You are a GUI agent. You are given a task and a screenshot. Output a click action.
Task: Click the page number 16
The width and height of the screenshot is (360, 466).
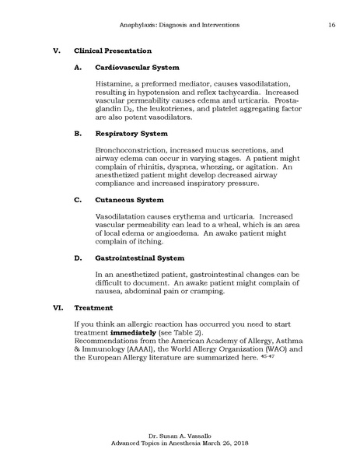[332, 26]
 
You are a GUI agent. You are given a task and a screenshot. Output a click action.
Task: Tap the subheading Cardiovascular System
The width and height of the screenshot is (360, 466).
[137, 67]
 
